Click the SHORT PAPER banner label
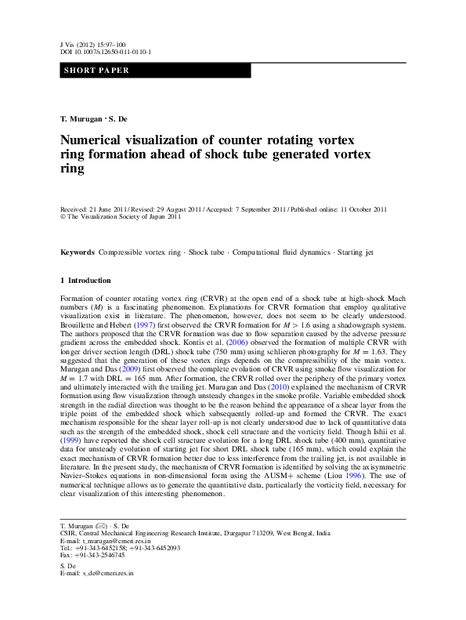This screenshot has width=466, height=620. [x=95, y=71]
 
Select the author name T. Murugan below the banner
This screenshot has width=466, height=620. [x=81, y=118]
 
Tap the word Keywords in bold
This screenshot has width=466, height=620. [x=78, y=252]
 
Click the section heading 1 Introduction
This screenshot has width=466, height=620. [x=85, y=280]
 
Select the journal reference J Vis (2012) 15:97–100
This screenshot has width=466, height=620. [x=92, y=45]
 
